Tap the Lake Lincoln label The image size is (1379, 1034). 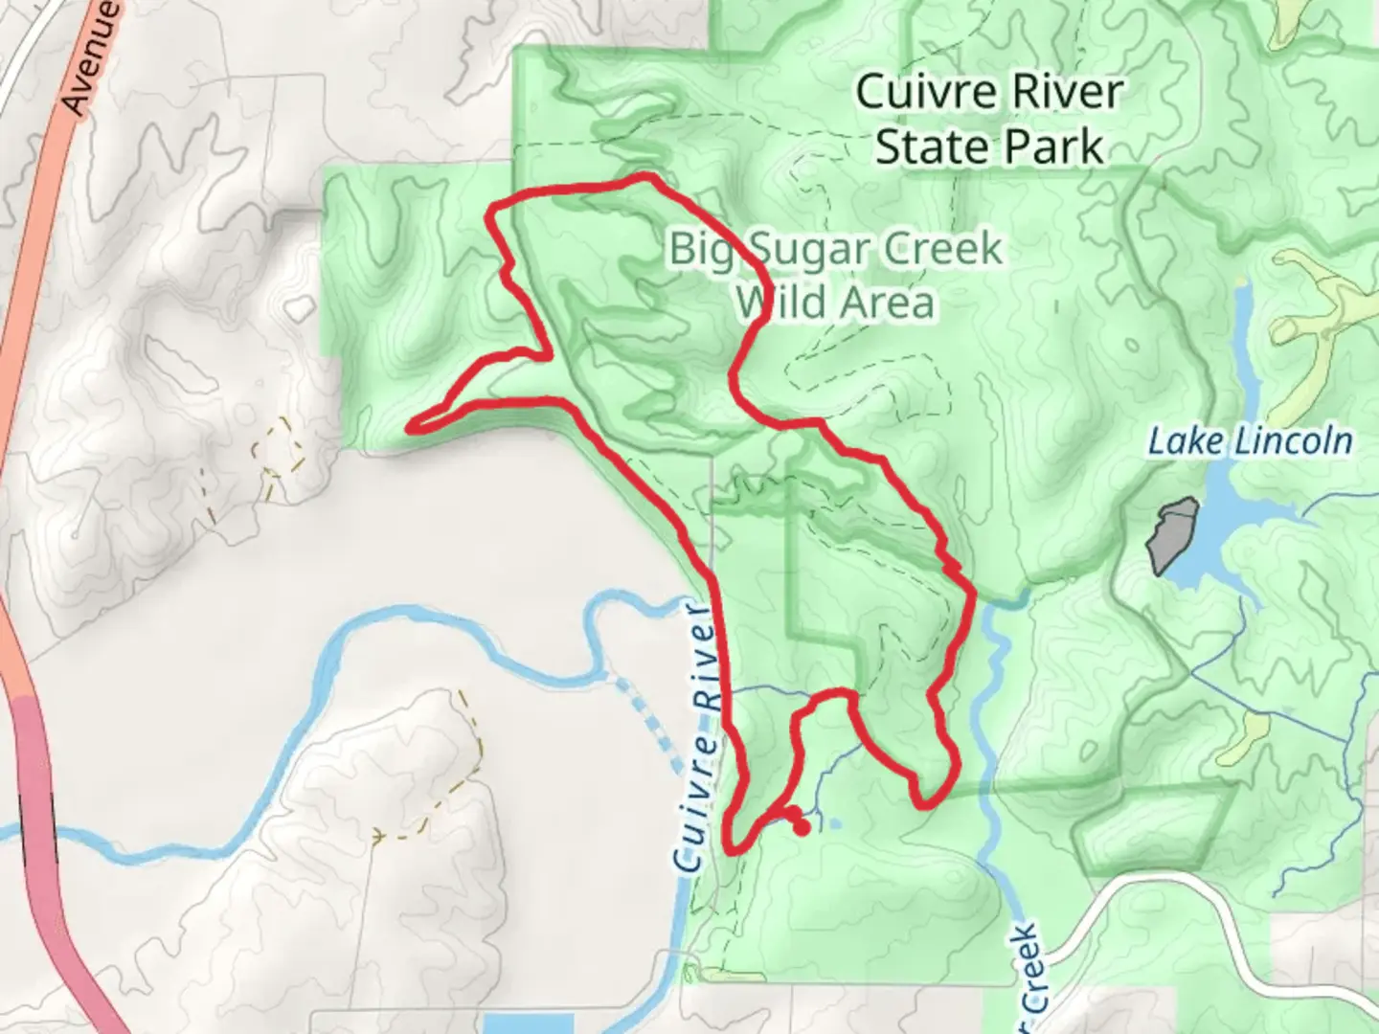(1250, 441)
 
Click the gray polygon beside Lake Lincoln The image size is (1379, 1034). (1172, 534)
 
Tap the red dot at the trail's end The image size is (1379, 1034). (802, 827)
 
